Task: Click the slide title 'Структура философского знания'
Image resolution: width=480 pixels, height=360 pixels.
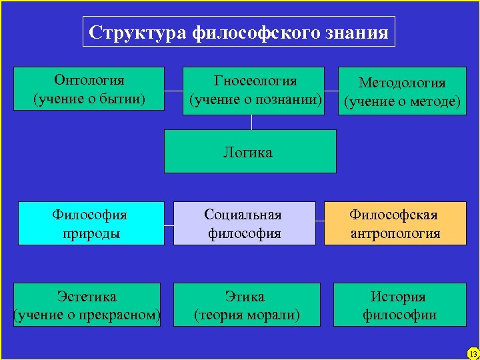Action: tap(239, 32)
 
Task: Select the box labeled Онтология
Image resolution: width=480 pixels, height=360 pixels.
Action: tap(89, 88)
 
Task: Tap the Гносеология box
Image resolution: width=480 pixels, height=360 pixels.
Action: tap(253, 91)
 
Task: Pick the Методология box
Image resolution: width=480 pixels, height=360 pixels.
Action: tap(402, 92)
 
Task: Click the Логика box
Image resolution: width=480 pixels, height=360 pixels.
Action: tap(250, 151)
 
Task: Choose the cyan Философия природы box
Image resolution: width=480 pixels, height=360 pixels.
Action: tap(91, 223)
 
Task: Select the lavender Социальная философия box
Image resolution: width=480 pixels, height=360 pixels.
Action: tap(245, 223)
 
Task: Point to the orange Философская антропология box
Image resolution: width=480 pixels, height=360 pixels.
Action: tap(395, 223)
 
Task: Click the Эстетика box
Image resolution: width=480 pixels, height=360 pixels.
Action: tap(87, 305)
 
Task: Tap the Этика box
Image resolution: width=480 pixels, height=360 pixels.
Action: tap(247, 305)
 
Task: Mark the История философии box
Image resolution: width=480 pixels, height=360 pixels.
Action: tap(399, 305)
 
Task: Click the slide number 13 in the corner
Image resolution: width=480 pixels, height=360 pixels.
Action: tap(473, 353)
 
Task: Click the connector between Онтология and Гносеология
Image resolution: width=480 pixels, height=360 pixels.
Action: tap(173, 91)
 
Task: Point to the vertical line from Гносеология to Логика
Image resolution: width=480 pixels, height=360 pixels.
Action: tap(251, 122)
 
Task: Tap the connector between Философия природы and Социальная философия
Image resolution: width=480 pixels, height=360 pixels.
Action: tap(169, 224)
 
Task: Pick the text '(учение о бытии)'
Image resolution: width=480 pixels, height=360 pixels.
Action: tap(89, 99)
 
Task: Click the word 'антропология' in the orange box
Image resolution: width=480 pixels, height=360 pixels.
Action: tap(395, 233)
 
